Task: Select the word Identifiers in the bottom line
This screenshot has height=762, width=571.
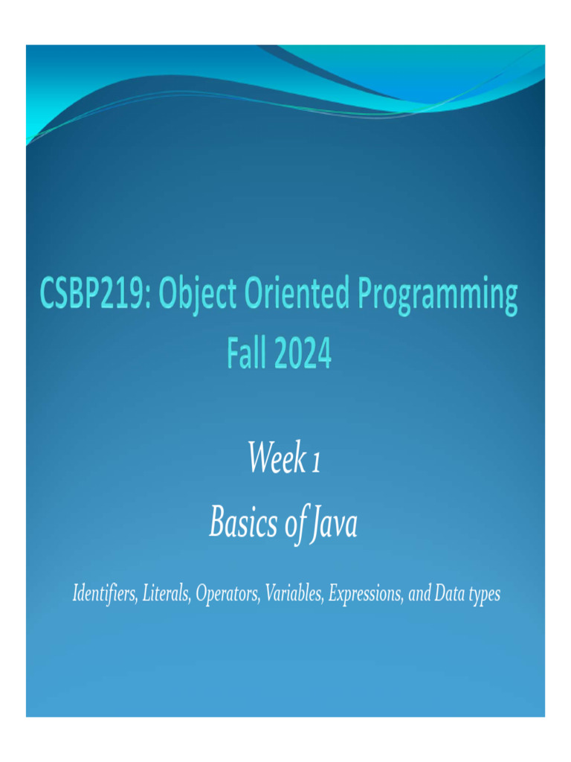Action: (103, 595)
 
